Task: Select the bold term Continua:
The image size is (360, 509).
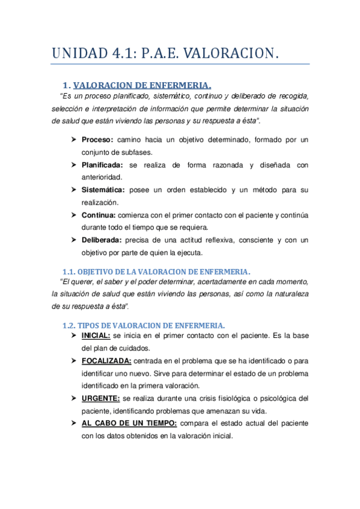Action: (x=99, y=215)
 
